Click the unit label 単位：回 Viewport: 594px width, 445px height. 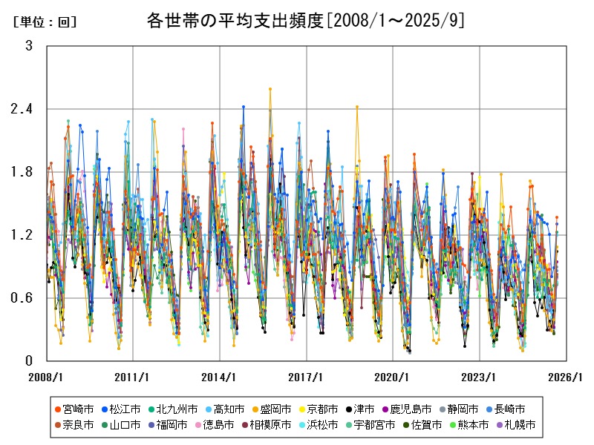tap(45, 23)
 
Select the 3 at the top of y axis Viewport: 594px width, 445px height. tap(29, 46)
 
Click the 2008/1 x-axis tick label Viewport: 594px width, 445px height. tap(46, 376)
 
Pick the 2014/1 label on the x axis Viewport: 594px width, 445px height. tap(219, 376)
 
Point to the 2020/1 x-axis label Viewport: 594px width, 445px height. tap(393, 376)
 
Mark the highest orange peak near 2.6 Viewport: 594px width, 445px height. tap(270, 88)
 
